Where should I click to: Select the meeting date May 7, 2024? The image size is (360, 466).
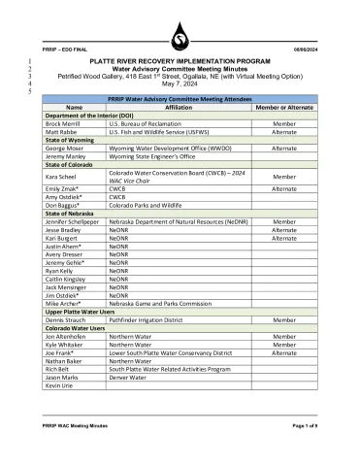point(180,82)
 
